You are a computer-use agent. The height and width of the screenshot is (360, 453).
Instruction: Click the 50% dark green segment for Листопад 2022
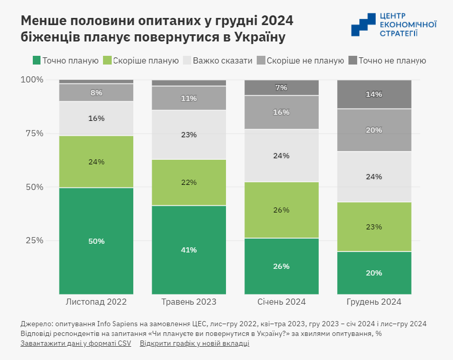(x=96, y=241)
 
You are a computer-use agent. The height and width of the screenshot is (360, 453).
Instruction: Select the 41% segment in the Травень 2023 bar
(x=189, y=250)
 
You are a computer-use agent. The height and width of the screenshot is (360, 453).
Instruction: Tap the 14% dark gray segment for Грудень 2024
(x=374, y=94)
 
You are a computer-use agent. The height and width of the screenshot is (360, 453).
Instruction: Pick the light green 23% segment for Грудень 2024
(x=374, y=227)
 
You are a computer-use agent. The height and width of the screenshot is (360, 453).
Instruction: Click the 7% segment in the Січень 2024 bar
(x=281, y=88)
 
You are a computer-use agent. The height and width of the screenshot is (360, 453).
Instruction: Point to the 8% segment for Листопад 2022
(x=96, y=93)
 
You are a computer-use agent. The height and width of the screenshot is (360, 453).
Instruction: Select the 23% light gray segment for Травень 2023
(x=189, y=135)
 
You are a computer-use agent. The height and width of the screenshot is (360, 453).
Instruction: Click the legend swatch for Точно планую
(x=36, y=60)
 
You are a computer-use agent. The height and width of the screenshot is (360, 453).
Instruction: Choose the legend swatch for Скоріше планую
(x=107, y=60)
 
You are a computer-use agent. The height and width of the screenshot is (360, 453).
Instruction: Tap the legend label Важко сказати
(x=222, y=60)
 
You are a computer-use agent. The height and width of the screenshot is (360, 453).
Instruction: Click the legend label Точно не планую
(x=392, y=60)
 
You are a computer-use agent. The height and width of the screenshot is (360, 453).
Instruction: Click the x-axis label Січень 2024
(x=281, y=302)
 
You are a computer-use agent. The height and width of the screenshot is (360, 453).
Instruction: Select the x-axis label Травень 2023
(x=189, y=302)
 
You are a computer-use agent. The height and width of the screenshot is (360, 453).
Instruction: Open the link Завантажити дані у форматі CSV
(x=76, y=343)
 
